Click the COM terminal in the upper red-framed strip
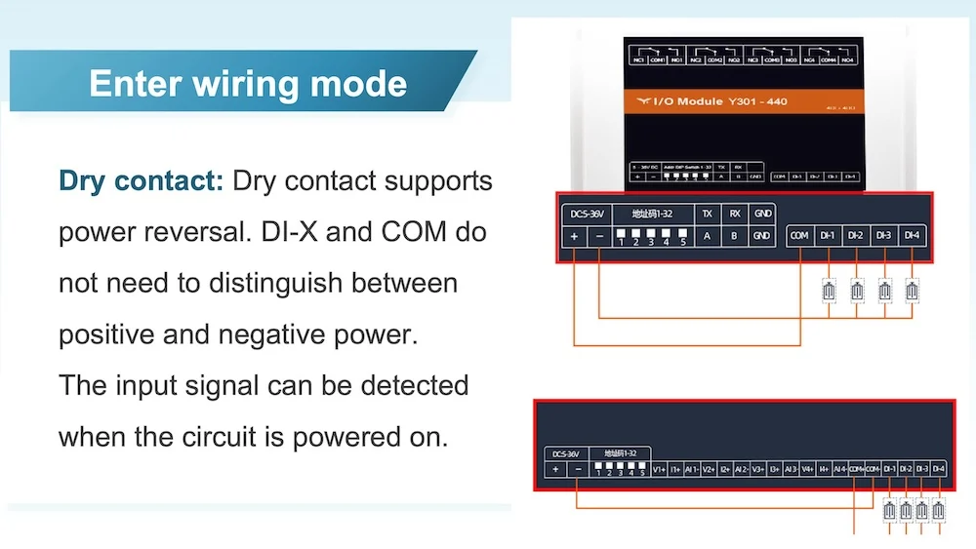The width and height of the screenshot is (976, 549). coord(799,235)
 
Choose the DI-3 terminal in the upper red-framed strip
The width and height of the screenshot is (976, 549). coord(884,235)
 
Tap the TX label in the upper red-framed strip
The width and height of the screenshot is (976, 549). coord(708,213)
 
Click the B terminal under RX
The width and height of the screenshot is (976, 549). coord(735,235)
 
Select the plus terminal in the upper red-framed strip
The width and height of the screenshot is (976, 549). coord(575,235)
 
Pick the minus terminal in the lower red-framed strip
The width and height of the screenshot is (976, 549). coord(578,469)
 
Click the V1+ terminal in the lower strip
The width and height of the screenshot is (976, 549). coord(659,469)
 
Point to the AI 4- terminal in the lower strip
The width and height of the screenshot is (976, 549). coord(840,469)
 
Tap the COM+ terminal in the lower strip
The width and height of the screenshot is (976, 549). coord(856,469)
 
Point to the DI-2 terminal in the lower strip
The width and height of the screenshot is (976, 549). coord(906,469)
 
